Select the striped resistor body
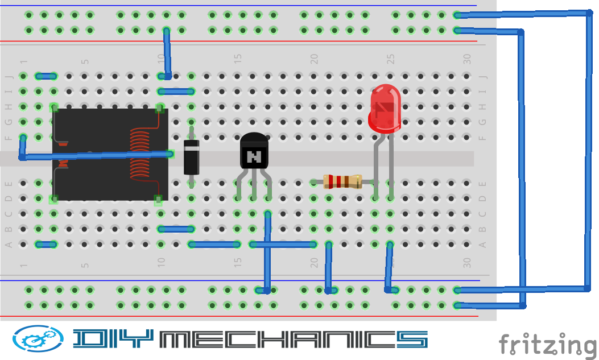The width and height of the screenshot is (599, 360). click(342, 181)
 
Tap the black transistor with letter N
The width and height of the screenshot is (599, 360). click(254, 152)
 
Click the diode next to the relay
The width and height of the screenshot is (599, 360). click(191, 157)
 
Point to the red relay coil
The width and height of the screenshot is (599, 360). click(139, 154)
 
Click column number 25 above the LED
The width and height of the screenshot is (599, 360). click(390, 59)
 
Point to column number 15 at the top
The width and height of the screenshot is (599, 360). click(238, 59)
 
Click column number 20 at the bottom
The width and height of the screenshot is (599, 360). click(313, 262)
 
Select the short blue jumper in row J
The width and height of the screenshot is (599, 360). click(46, 76)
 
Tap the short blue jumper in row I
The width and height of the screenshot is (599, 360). click(176, 91)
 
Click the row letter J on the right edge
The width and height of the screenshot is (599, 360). click(483, 76)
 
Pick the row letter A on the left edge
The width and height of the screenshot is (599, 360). click(9, 245)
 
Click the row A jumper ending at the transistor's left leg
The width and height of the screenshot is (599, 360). click(214, 245)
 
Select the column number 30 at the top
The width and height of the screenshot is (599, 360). click(467, 59)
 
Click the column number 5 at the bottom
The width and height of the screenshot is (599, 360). click(85, 265)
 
